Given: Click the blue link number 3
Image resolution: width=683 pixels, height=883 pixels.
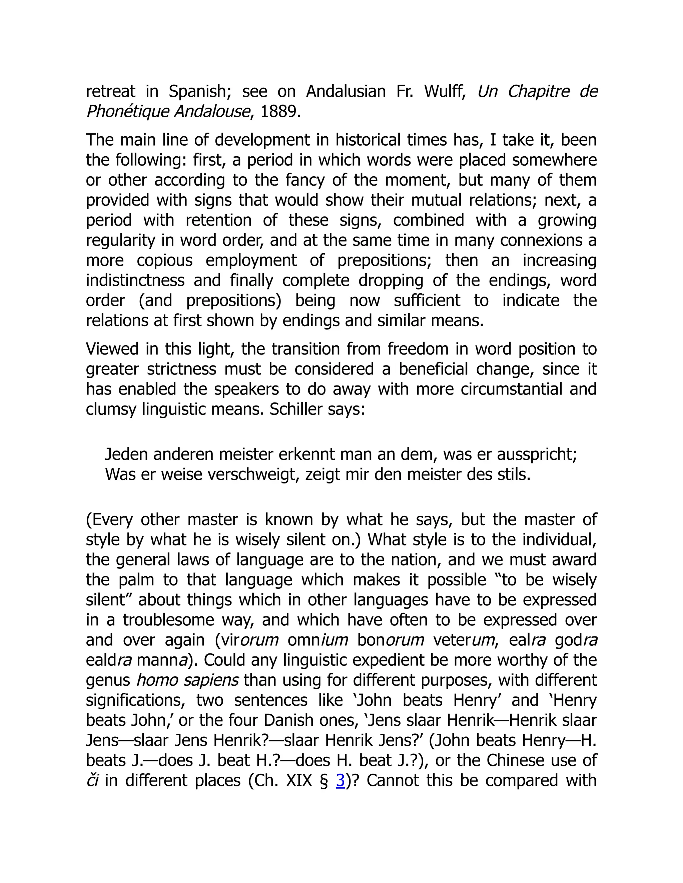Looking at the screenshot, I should pyautogui.click(x=340, y=780).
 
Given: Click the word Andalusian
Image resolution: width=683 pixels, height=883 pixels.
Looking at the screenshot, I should pyautogui.click(x=346, y=91).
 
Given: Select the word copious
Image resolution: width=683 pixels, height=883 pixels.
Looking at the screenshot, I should pyautogui.click(x=165, y=260).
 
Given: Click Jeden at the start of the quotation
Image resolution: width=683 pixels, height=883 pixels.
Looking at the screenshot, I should pyautogui.click(x=125, y=454).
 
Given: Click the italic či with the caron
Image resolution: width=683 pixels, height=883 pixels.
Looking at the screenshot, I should pyautogui.click(x=92, y=780).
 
